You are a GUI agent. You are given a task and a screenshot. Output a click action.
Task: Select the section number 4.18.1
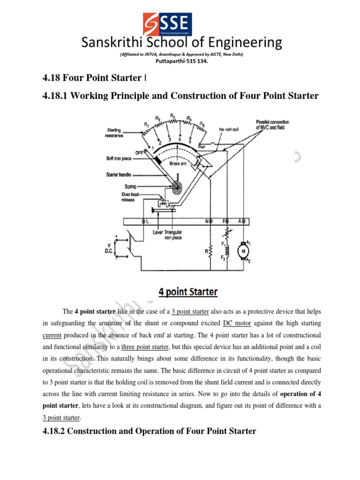[57, 96]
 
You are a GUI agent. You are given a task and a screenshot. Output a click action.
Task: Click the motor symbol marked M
[243, 251]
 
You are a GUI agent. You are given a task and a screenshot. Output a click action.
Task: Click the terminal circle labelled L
[144, 221]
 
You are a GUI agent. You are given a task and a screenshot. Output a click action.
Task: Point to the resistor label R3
[172, 115]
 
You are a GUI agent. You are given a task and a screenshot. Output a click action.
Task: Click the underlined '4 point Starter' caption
[188, 292]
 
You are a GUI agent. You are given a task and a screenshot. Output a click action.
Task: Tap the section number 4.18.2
[57, 431]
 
